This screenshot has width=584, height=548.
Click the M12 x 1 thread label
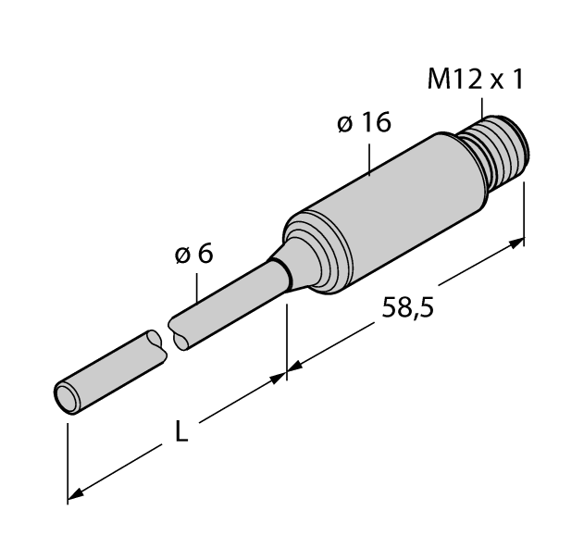pyautogui.click(x=475, y=81)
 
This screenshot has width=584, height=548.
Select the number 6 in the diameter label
pyautogui.click(x=205, y=253)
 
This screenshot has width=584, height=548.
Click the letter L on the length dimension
pyautogui.click(x=182, y=431)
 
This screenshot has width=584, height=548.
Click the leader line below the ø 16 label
pyautogui.click(x=368, y=157)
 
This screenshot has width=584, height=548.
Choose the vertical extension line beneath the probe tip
pyautogui.click(x=68, y=458)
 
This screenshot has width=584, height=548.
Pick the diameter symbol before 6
pyautogui.click(x=183, y=254)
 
